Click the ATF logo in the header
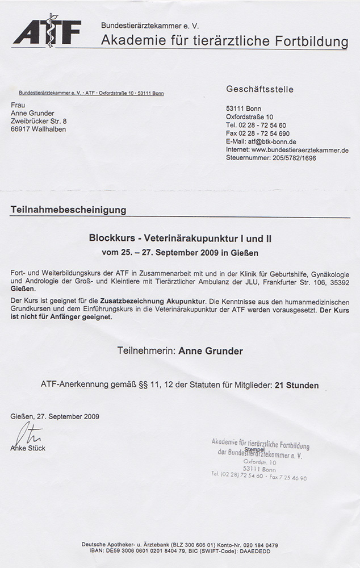click(x=47, y=30)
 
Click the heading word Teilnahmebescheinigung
click(x=68, y=210)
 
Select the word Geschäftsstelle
click(x=260, y=89)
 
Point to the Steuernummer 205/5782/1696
click(x=292, y=158)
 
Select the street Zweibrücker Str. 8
click(x=39, y=121)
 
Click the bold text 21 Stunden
click(x=296, y=385)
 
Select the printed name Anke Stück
click(x=28, y=448)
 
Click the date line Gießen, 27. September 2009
click(x=55, y=416)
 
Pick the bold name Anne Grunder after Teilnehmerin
click(x=211, y=351)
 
